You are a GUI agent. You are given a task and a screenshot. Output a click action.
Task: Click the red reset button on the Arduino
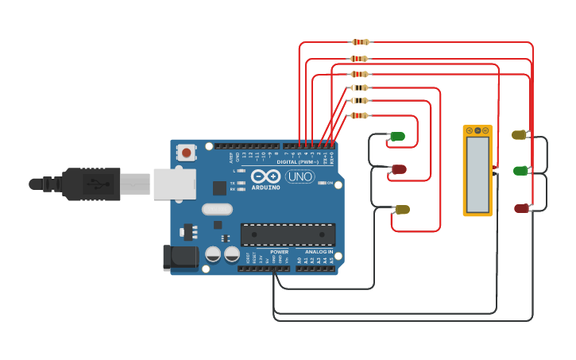tap(186, 151)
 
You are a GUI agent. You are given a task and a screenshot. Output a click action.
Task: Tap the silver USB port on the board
tap(174, 184)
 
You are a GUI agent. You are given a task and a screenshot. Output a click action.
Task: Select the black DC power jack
tap(180, 256)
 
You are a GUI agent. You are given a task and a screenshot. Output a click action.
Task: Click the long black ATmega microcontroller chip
tap(288, 234)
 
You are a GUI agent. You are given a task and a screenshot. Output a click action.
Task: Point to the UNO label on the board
tap(300, 176)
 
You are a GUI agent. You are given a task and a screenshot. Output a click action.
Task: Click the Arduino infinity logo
tap(265, 176)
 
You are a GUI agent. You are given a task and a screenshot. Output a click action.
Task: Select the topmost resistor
tap(360, 42)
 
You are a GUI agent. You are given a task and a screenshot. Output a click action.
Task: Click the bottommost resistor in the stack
tap(359, 115)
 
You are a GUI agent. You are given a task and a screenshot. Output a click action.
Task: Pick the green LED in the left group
tap(396, 137)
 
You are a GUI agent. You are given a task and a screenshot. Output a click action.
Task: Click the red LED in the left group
tap(399, 169)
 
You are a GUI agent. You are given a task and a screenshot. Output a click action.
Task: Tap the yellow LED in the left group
tap(402, 210)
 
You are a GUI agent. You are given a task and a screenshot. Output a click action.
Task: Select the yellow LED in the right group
tap(519, 135)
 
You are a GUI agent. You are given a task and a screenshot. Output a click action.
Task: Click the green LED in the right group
tap(520, 171)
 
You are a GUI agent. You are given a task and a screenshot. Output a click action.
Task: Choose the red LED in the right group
tap(521, 208)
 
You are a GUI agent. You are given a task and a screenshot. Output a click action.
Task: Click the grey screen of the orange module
tap(477, 174)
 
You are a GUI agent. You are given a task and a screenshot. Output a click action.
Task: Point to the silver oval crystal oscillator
tap(217, 210)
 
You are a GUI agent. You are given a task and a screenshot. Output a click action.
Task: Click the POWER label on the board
tap(279, 252)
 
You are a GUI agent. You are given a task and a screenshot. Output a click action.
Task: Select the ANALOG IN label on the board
tap(319, 252)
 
